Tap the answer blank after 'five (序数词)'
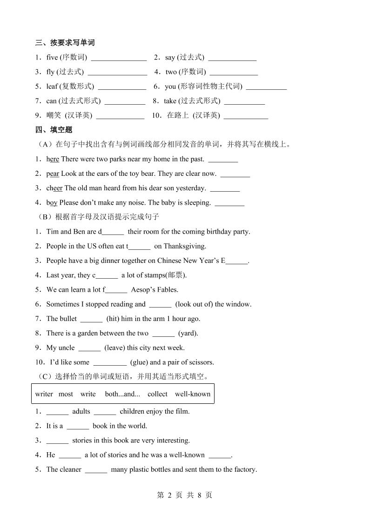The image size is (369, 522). point(119,58)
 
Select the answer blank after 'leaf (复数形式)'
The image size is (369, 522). point(122,87)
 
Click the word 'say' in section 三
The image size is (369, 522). point(170,58)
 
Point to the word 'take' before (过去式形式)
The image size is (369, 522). point(170,101)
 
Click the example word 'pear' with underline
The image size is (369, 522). point(53,174)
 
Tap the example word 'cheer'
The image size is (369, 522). point(54,188)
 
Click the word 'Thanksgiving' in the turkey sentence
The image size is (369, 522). point(184,246)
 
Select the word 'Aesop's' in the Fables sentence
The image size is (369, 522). point(144,289)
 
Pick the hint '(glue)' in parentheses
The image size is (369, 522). point(139,362)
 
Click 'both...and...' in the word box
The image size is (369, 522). point(122,394)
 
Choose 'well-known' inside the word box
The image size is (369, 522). point(193,394)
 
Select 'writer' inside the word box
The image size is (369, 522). point(44,394)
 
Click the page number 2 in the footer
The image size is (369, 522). point(170,495)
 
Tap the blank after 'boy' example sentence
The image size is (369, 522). point(229,203)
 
